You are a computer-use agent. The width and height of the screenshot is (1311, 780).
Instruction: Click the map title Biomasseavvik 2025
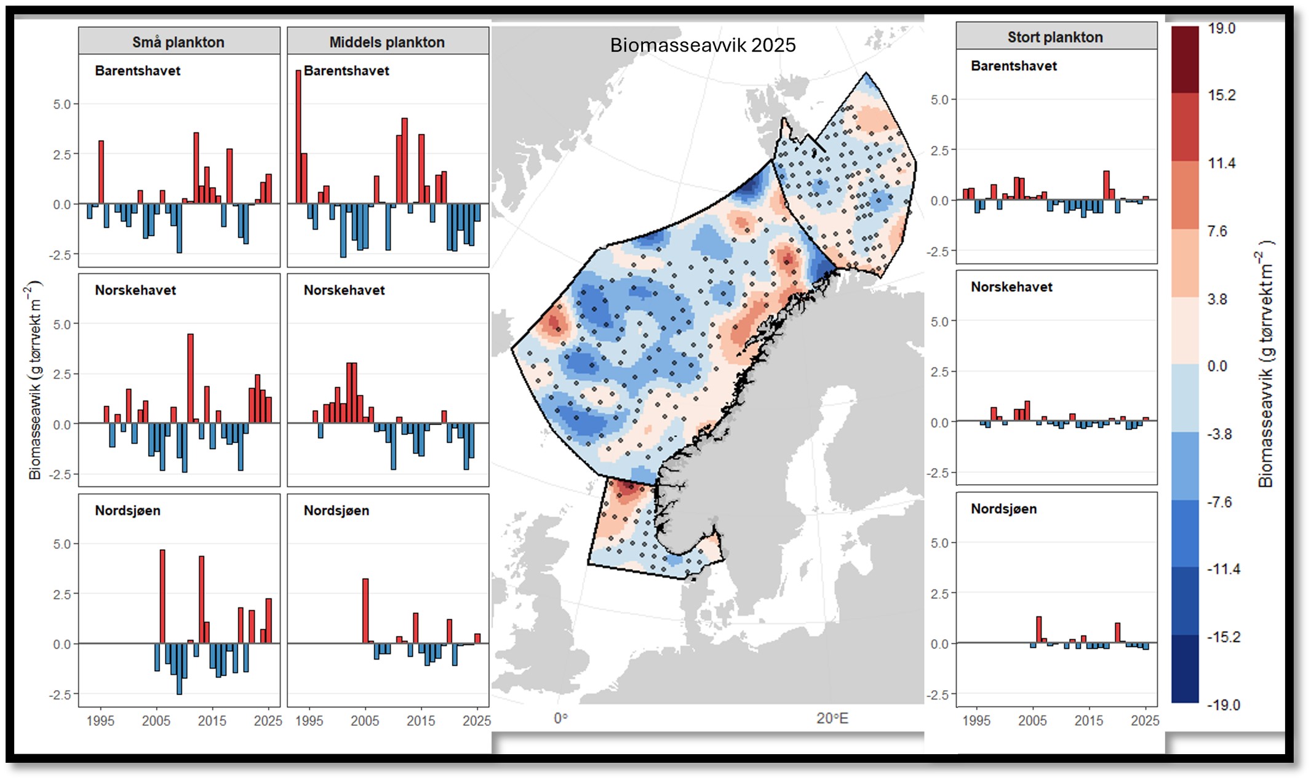[703, 45]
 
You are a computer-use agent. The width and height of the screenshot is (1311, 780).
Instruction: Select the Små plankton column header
[178, 42]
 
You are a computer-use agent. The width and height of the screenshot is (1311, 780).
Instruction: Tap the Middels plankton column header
[387, 42]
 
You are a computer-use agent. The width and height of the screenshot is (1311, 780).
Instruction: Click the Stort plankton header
[1055, 37]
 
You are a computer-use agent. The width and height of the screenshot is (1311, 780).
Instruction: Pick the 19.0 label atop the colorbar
[1221, 28]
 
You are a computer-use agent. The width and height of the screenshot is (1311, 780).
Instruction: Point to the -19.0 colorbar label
[1223, 705]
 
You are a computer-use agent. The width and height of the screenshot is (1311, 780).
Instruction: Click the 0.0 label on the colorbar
[1217, 367]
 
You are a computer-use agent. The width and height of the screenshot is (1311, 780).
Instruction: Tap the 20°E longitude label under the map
[832, 718]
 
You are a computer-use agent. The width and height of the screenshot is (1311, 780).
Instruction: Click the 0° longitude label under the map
[560, 718]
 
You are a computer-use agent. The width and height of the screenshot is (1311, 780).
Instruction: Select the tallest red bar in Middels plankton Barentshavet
[298, 137]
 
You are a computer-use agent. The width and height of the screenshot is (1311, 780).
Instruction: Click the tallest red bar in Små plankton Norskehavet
[190, 378]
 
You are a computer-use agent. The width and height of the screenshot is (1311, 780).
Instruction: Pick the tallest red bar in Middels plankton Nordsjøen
[365, 611]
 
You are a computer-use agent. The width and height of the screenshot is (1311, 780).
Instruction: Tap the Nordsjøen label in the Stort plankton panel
[1003, 509]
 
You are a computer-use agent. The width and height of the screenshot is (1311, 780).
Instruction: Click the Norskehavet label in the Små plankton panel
[135, 290]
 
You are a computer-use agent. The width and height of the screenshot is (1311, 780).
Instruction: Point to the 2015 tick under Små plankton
[212, 720]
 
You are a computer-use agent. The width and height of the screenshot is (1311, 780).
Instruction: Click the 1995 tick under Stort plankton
[976, 720]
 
